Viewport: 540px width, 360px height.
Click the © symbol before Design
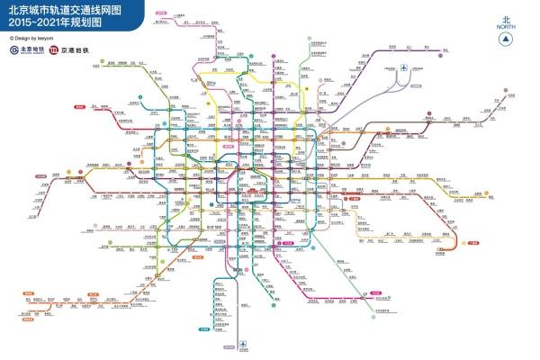[12, 38]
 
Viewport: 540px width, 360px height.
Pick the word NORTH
[506, 27]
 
